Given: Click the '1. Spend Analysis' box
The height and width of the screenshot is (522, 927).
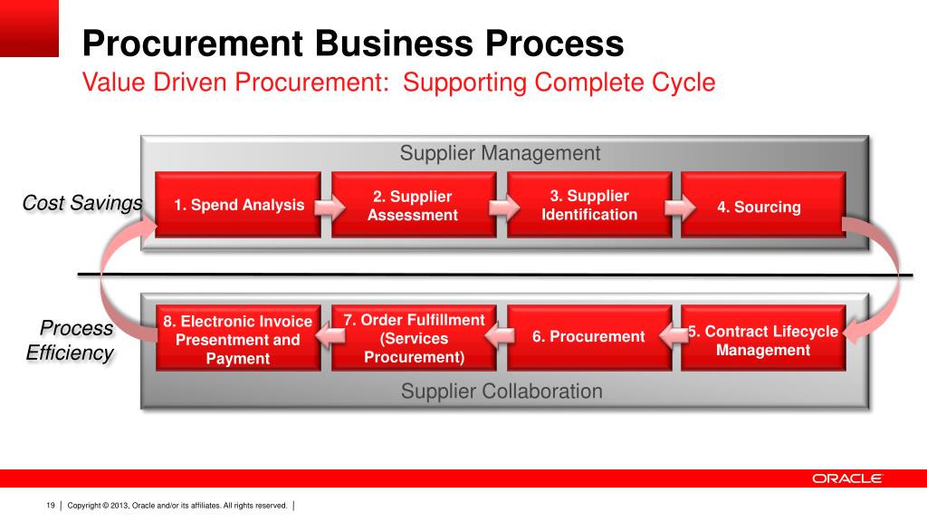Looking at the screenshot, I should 238,205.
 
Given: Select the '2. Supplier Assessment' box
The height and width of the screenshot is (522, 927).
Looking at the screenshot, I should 413,206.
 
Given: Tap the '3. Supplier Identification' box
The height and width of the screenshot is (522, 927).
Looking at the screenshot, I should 588,206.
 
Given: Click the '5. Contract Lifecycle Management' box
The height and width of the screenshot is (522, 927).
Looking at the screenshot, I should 762,339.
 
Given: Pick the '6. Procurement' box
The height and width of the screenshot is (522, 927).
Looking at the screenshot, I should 588,337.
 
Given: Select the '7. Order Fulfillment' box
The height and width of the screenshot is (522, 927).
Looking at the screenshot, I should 414,338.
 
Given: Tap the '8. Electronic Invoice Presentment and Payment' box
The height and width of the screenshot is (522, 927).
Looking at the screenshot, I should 238,339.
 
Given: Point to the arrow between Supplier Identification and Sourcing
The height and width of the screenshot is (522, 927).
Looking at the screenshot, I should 676,206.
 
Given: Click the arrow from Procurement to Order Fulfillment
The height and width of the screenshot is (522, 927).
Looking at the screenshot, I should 502,337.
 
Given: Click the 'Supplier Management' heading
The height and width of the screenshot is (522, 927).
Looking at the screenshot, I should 500,153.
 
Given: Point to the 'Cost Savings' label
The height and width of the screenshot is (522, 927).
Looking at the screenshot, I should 82,203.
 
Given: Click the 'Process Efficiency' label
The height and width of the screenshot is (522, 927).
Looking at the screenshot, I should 71,341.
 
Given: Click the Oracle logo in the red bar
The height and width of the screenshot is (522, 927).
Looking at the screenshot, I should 846,478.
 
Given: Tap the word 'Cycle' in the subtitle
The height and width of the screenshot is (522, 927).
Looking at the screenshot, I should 683,82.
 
